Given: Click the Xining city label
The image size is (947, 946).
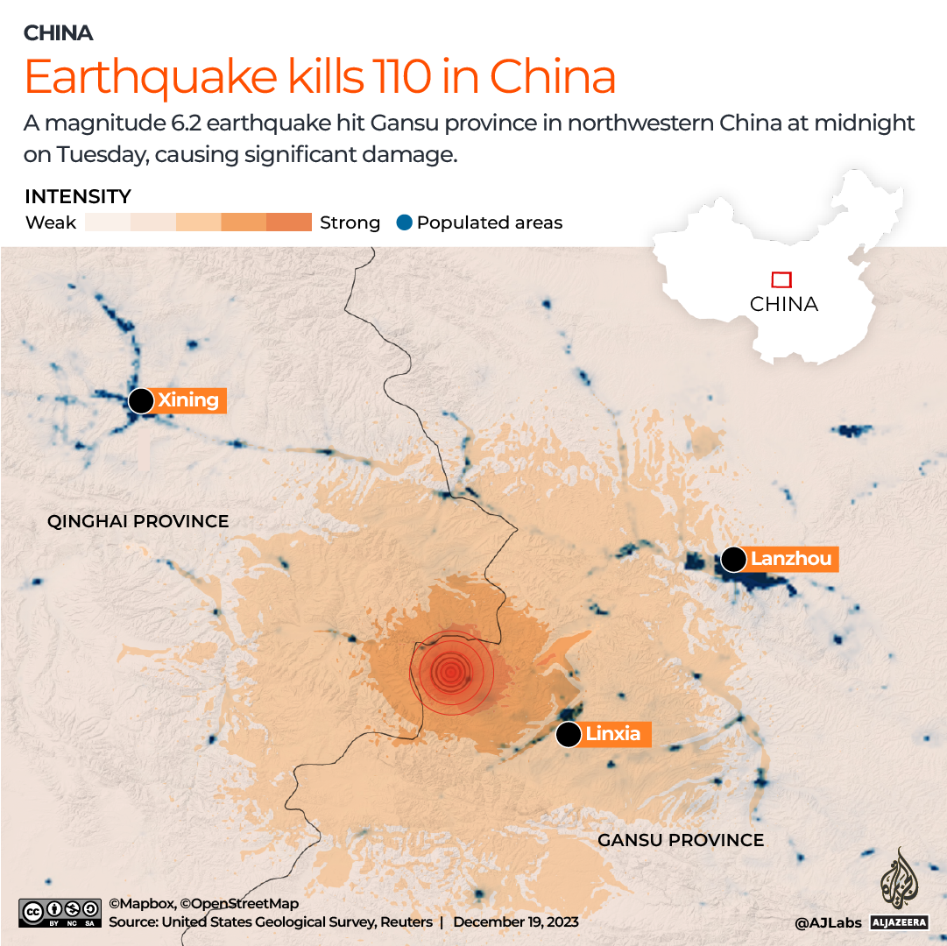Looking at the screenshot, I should pyautogui.click(x=188, y=400).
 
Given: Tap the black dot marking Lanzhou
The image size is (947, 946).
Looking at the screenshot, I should pyautogui.click(x=733, y=559).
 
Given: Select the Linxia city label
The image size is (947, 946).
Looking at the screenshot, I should pyautogui.click(x=613, y=734).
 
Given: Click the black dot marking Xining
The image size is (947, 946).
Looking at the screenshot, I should pyautogui.click(x=140, y=401).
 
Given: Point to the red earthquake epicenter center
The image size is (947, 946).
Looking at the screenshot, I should pyautogui.click(x=450, y=672).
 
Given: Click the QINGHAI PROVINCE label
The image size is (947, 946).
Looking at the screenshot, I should pyautogui.click(x=138, y=521).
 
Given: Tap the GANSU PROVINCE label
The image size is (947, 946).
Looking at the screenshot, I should pyautogui.click(x=681, y=840).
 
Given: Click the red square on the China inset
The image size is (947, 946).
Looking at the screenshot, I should pyautogui.click(x=781, y=279).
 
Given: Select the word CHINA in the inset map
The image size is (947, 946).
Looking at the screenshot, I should pyautogui.click(x=784, y=304).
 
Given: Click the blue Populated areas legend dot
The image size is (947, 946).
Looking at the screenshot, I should pyautogui.click(x=403, y=222).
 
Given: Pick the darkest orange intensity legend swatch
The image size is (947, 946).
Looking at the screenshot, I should pyautogui.click(x=289, y=222).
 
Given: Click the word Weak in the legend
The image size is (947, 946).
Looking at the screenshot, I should pyautogui.click(x=51, y=222).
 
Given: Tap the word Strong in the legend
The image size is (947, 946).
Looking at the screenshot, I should pyautogui.click(x=350, y=222).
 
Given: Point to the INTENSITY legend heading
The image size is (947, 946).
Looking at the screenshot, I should pyautogui.click(x=78, y=196).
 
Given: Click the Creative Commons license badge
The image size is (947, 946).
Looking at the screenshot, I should pyautogui.click(x=58, y=912).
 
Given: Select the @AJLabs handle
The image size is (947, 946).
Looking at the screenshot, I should pyautogui.click(x=829, y=922).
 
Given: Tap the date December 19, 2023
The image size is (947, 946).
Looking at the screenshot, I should pyautogui.click(x=516, y=921).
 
